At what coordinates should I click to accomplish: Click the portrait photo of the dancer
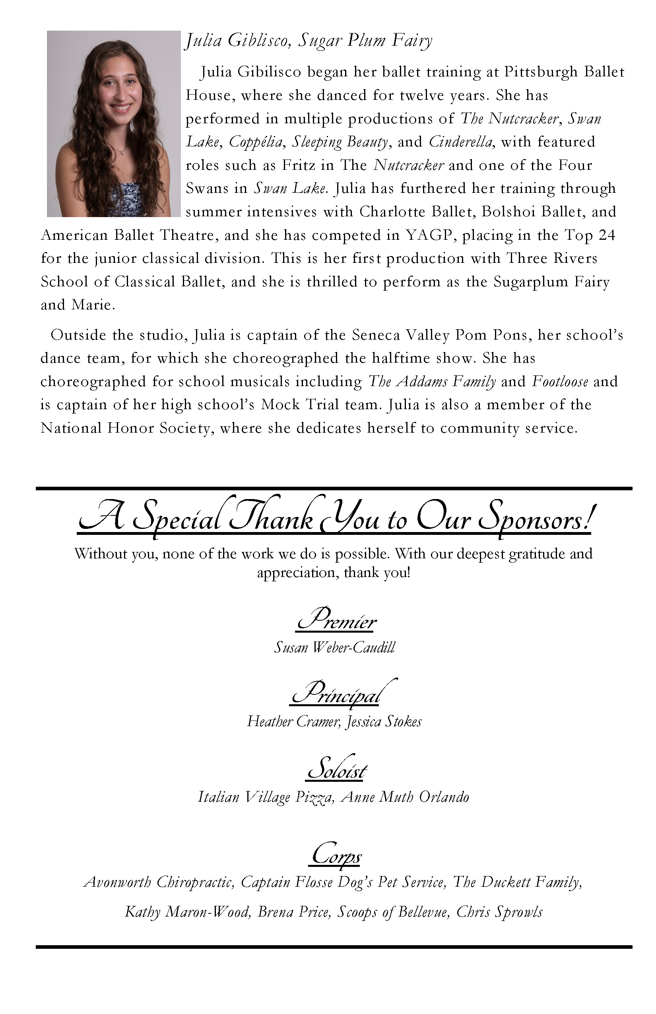[x=114, y=124]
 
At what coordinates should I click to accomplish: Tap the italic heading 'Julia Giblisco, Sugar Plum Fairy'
[x=308, y=41]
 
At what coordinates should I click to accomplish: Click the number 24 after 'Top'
[x=607, y=235]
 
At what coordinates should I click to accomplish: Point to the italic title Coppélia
[x=256, y=142]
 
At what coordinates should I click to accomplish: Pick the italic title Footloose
[x=560, y=381]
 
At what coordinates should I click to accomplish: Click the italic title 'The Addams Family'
[x=431, y=381]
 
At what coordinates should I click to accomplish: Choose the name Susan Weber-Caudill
[x=334, y=648]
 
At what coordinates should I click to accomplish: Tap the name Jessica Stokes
[x=383, y=721]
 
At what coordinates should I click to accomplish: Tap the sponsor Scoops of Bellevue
[x=392, y=912]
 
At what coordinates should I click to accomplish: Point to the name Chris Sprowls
[x=499, y=912]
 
